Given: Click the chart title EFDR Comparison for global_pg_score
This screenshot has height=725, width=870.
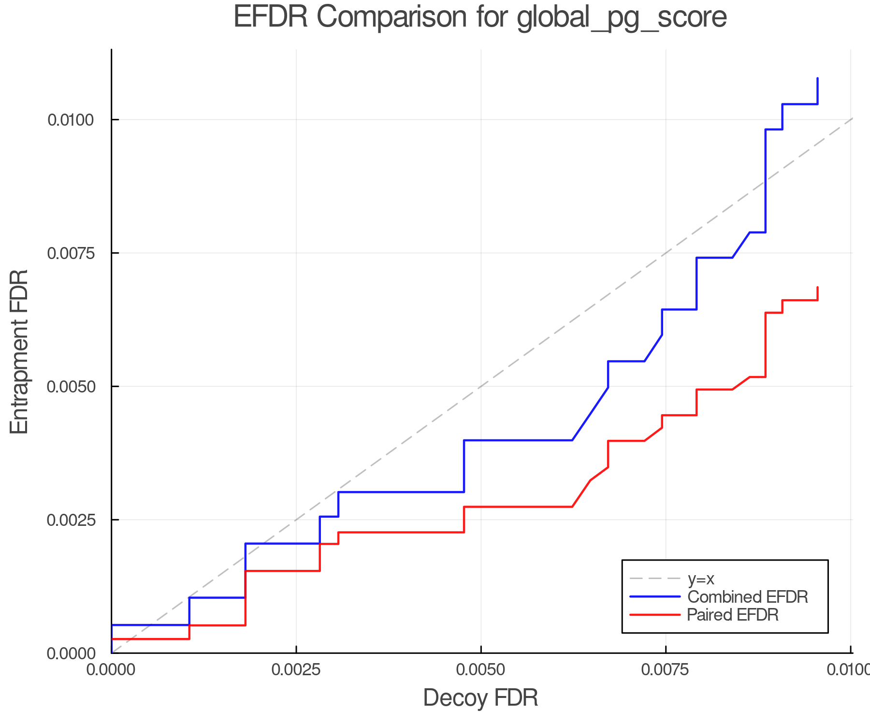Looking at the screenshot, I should tap(480, 17).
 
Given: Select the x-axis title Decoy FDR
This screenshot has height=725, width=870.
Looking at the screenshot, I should tap(480, 698).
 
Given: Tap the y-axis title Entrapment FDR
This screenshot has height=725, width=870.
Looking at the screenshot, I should tap(20, 351).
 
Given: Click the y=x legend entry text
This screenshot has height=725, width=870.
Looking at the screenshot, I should tap(701, 579).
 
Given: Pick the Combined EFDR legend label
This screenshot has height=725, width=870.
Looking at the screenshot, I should tap(747, 597).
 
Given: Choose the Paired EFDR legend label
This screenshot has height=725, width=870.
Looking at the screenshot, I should tap(733, 615).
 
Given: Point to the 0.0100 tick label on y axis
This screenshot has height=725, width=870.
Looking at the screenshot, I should tap(70, 120).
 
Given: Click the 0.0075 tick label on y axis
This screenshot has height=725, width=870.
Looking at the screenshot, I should tap(70, 253).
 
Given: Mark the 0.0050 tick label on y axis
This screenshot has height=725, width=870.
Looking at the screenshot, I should tap(70, 387).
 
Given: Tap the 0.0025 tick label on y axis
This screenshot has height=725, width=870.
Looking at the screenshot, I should tap(70, 520).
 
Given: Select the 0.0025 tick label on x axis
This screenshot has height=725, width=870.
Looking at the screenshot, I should tap(296, 669).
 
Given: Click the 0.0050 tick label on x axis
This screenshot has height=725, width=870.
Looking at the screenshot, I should tap(480, 669).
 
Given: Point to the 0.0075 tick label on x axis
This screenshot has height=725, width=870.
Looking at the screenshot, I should tap(666, 669).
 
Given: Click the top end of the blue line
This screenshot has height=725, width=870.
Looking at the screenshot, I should tap(817, 78).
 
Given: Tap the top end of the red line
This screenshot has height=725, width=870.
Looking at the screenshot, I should tap(817, 288).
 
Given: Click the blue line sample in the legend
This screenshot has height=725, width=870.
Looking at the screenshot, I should tap(655, 597).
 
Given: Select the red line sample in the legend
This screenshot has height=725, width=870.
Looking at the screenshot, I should tap(655, 615).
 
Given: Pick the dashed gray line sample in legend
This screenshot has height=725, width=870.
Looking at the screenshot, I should tap(655, 579).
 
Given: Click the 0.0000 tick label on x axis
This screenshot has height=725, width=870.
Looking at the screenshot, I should tap(111, 669).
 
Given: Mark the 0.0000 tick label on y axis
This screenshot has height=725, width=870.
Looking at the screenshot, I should tap(71, 654).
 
